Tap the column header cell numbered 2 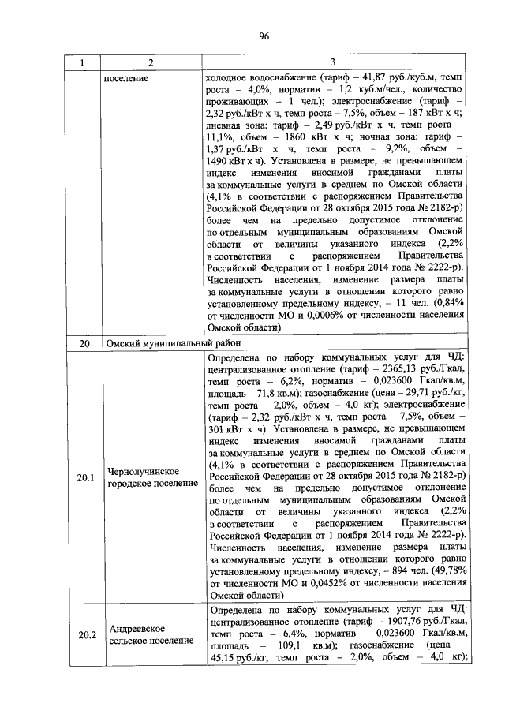coord(150,62)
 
